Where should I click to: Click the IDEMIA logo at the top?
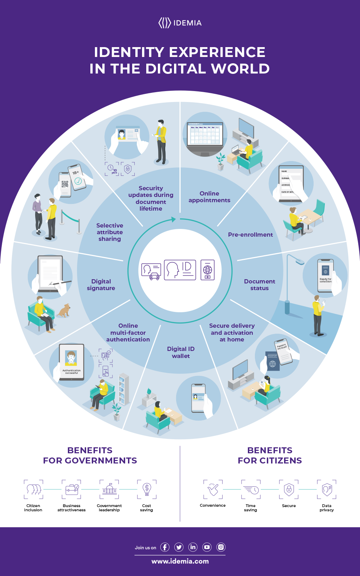tap(180, 23)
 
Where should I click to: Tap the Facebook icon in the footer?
tap(165, 547)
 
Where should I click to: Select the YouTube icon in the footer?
tap(207, 547)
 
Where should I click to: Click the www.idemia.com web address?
tap(180, 561)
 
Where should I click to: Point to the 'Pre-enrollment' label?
tap(250, 235)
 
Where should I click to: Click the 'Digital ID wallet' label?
tap(181, 352)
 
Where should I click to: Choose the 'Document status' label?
tap(259, 284)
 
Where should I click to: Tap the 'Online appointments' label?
tap(209, 197)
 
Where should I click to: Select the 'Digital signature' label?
tap(101, 284)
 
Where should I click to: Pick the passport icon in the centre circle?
tap(207, 270)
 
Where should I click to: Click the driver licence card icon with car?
tap(151, 271)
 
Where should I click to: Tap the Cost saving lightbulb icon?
tap(147, 489)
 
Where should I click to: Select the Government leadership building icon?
tap(109, 489)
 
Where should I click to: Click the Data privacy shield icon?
tap(327, 489)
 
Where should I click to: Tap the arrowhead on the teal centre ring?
tap(173, 219)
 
